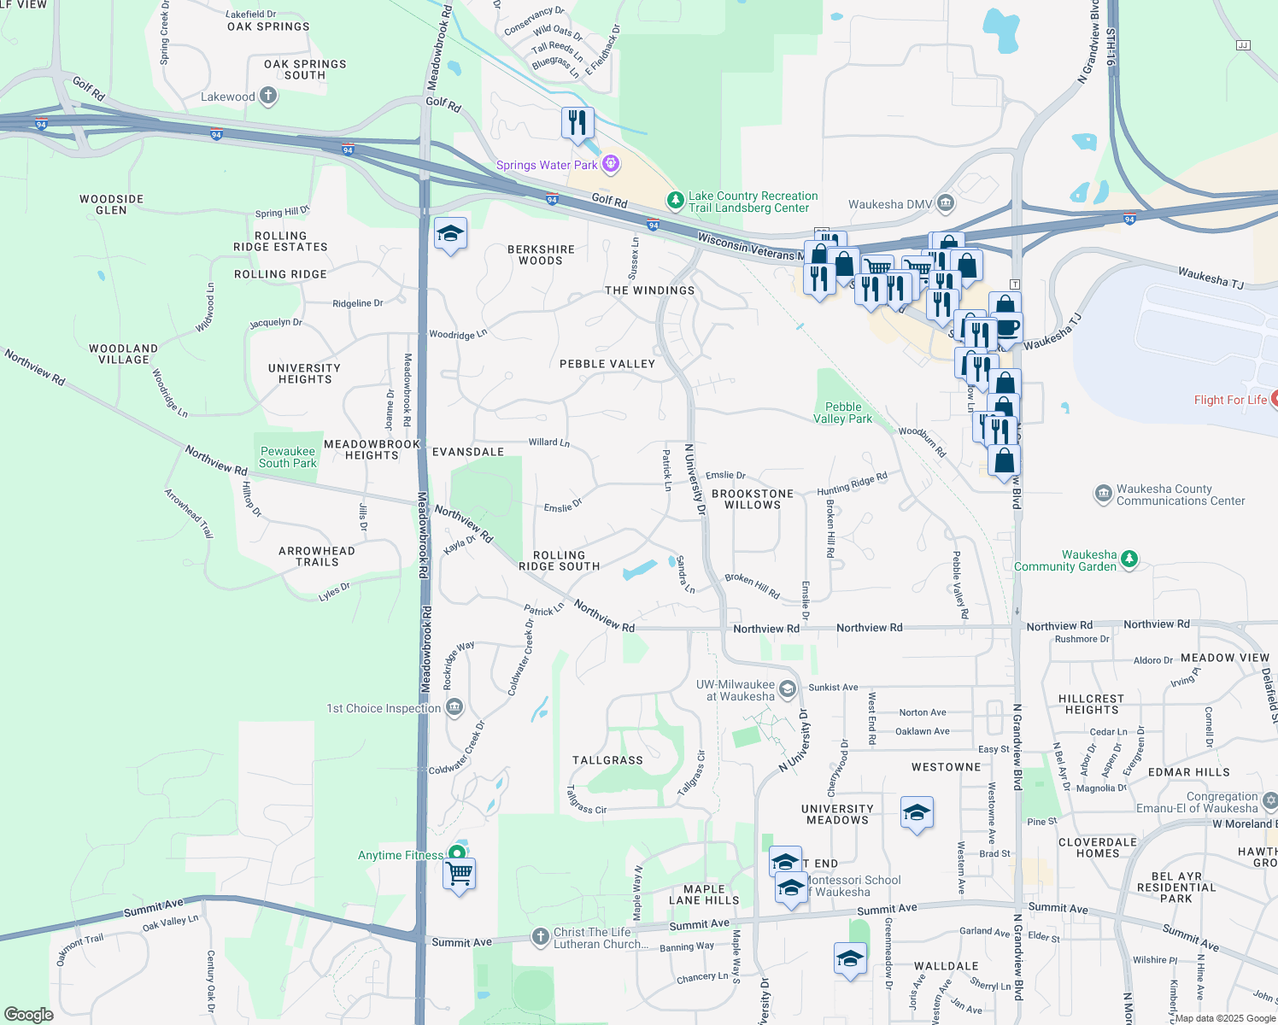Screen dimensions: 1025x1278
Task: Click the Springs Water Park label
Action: tap(547, 165)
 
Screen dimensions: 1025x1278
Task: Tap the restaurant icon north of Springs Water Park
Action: tap(577, 123)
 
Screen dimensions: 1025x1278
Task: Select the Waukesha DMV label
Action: tap(890, 204)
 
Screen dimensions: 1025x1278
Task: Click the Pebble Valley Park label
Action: tap(842, 413)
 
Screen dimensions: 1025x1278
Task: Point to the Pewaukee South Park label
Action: tap(288, 457)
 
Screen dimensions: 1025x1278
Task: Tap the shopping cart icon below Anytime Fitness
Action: tap(459, 874)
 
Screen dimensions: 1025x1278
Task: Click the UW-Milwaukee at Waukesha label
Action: tap(736, 690)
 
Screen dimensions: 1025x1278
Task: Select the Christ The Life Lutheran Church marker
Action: tap(540, 937)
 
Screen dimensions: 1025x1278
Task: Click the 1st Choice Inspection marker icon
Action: tap(454, 707)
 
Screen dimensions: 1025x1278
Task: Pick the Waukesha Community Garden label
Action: tap(1065, 560)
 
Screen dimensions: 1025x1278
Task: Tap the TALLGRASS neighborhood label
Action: tap(607, 760)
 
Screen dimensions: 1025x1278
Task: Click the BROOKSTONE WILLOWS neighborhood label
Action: tap(753, 499)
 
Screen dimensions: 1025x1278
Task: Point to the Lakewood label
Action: tap(228, 97)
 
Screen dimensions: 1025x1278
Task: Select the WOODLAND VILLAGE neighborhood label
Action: tap(124, 354)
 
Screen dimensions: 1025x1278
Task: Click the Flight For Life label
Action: tap(1230, 400)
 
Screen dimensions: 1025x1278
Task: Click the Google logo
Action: tap(28, 1014)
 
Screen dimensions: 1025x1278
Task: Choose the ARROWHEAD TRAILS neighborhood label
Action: tap(317, 556)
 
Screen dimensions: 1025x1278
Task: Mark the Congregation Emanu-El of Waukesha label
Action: tap(1197, 802)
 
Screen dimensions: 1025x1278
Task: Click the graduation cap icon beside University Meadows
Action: tap(916, 813)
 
